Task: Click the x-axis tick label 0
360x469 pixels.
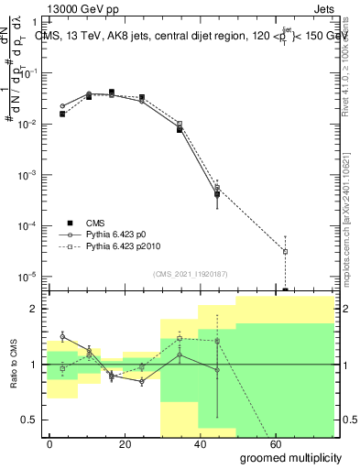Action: (49, 443)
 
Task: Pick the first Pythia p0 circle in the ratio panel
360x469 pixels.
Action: (62, 337)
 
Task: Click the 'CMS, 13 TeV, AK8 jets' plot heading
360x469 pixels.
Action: (101, 36)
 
